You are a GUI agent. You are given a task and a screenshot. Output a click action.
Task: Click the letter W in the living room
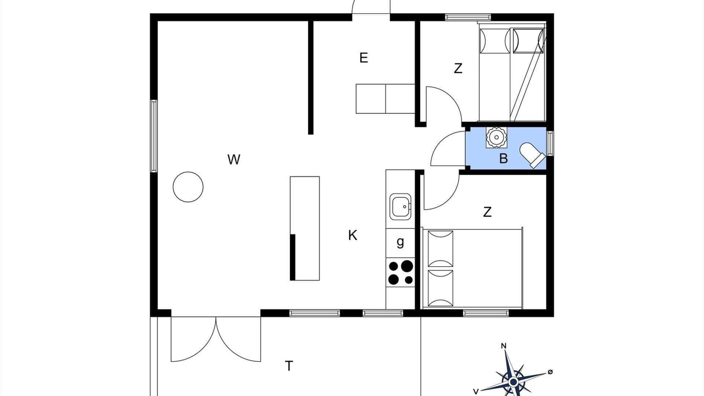234,159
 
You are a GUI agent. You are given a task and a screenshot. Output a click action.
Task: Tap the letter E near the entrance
364,58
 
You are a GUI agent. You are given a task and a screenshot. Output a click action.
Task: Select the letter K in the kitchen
353,235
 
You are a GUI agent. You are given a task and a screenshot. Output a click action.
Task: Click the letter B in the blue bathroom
503,158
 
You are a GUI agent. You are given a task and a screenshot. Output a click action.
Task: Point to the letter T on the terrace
289,366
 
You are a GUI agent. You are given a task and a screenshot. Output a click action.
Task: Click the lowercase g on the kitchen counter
400,243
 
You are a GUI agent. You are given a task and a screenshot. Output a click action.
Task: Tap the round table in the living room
188,187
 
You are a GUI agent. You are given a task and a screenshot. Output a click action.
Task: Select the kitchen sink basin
400,206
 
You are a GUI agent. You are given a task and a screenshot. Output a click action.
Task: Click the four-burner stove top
400,272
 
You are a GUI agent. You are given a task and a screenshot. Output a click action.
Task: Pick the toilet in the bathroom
532,155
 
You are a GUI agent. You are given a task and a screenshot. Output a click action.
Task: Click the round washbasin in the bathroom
496,137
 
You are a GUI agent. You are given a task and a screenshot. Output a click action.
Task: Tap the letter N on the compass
503,346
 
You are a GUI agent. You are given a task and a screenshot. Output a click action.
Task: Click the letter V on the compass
476,392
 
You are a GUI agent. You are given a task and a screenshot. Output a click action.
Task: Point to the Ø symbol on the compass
550,372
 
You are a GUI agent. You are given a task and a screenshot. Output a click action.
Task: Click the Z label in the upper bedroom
458,68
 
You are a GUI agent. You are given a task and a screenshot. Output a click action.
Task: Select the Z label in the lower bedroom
487,212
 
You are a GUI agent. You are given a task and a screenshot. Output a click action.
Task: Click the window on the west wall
153,136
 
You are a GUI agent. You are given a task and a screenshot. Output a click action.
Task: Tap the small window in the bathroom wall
550,144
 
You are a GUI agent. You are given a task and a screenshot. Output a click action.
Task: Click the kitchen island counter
305,228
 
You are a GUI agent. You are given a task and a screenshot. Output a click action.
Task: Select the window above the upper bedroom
468,17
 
